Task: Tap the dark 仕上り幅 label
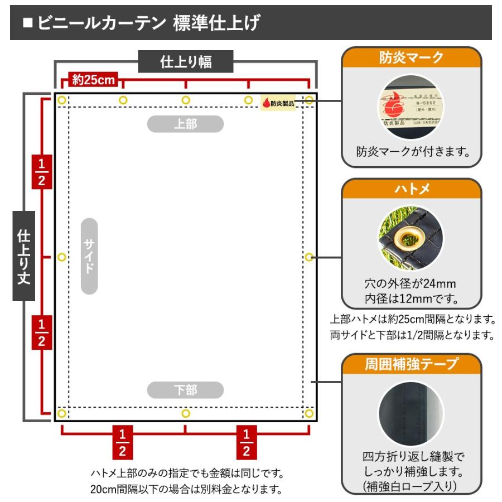click(186, 62)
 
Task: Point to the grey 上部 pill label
click(185, 124)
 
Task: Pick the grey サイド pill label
click(89, 256)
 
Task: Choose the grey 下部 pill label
click(185, 389)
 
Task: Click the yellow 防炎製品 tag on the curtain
click(278, 103)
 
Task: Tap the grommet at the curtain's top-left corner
click(61, 100)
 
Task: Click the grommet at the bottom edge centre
click(186, 413)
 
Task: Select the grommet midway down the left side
click(61, 257)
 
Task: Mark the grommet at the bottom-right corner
click(310, 413)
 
